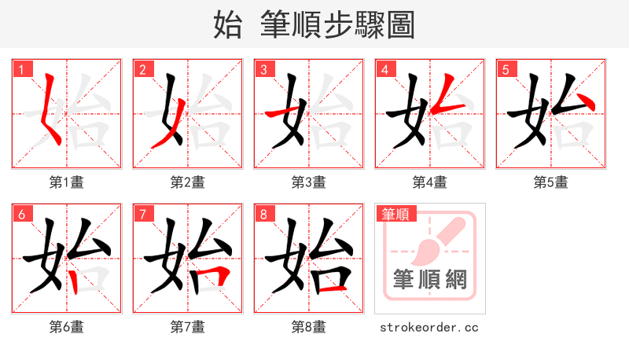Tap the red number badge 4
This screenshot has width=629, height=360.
[x=384, y=69]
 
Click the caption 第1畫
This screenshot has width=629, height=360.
[x=67, y=182]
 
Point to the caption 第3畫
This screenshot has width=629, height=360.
[x=309, y=182]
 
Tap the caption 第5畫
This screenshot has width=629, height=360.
[x=551, y=182]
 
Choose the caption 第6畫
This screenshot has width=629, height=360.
[x=67, y=327]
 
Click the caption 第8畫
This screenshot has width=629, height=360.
[x=309, y=327]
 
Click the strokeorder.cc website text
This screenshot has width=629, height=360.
[x=429, y=327]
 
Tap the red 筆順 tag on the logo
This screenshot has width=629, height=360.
[x=396, y=214]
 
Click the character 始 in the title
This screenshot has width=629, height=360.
[x=228, y=25]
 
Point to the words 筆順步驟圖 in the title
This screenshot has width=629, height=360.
[x=338, y=25]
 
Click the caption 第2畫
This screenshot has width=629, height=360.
[x=188, y=182]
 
